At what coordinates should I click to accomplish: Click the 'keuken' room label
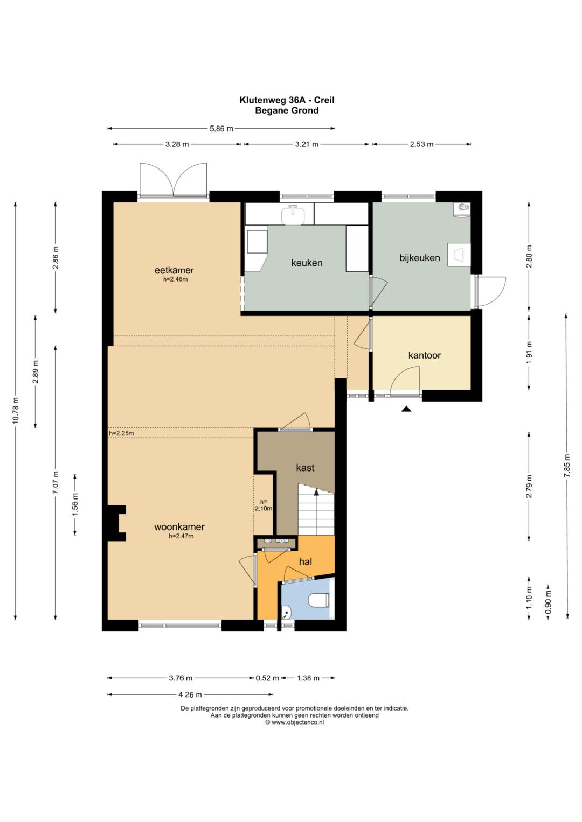point(307,263)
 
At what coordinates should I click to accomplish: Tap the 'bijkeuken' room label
point(420,258)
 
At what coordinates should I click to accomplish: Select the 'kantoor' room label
point(425,355)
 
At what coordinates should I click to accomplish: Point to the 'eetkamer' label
point(174,270)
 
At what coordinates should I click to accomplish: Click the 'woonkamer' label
point(179,526)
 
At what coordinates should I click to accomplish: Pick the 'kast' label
point(305,467)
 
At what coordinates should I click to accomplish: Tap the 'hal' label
point(306,561)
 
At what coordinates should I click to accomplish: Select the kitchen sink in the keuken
point(293,214)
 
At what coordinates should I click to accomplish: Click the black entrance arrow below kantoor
point(406,409)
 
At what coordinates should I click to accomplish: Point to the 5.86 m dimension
point(221,129)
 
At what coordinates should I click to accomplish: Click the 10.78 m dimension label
point(16,410)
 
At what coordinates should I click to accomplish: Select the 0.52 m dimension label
point(267,678)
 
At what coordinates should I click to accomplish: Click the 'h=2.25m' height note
point(121,433)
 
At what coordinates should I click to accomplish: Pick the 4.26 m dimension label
point(190,694)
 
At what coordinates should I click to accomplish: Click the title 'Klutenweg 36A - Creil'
point(287,100)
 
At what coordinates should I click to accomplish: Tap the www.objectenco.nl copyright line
point(294,722)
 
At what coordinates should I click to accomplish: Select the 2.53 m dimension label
point(421,144)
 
